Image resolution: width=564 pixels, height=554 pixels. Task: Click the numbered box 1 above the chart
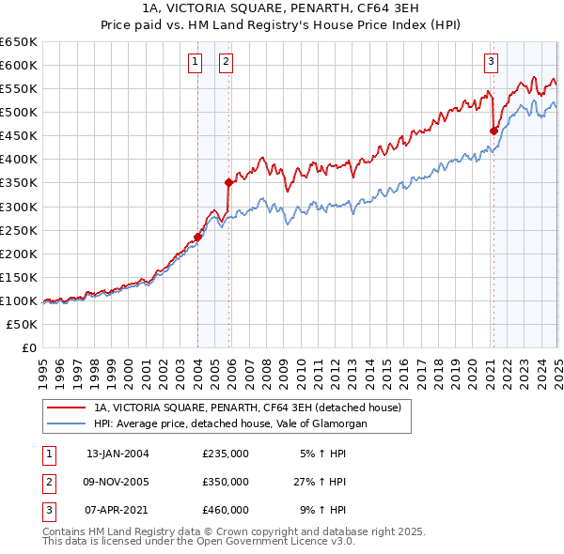pos(195,63)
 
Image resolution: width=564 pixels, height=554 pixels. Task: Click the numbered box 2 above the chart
pos(227,63)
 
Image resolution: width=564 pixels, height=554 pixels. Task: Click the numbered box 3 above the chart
pos(491,63)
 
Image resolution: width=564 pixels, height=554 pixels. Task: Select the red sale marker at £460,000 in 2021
pos(493,131)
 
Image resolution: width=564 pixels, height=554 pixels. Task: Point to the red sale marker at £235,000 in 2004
pos(198,237)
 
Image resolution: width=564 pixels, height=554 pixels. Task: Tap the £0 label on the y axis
pos(28,347)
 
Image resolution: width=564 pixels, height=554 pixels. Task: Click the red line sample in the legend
pos(67,408)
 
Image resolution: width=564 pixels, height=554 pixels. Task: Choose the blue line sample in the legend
pos(67,423)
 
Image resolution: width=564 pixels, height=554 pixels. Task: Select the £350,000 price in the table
pos(225,482)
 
